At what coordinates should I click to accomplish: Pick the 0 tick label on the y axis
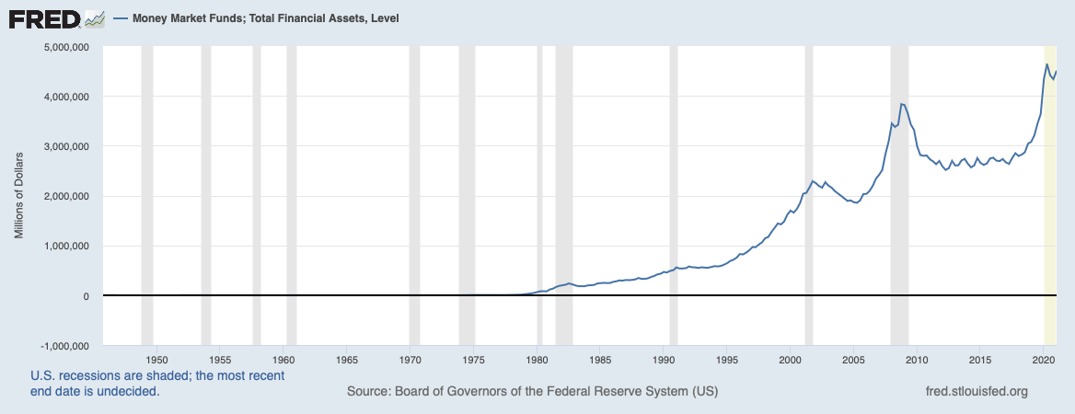coord(84,296)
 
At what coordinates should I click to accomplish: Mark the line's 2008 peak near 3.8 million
coord(902,104)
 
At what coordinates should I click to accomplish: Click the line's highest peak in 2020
coord(1046,64)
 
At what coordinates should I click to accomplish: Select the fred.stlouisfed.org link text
coord(976,392)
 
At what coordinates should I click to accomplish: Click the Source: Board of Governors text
coord(532,392)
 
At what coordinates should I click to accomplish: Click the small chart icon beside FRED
coord(94,17)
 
